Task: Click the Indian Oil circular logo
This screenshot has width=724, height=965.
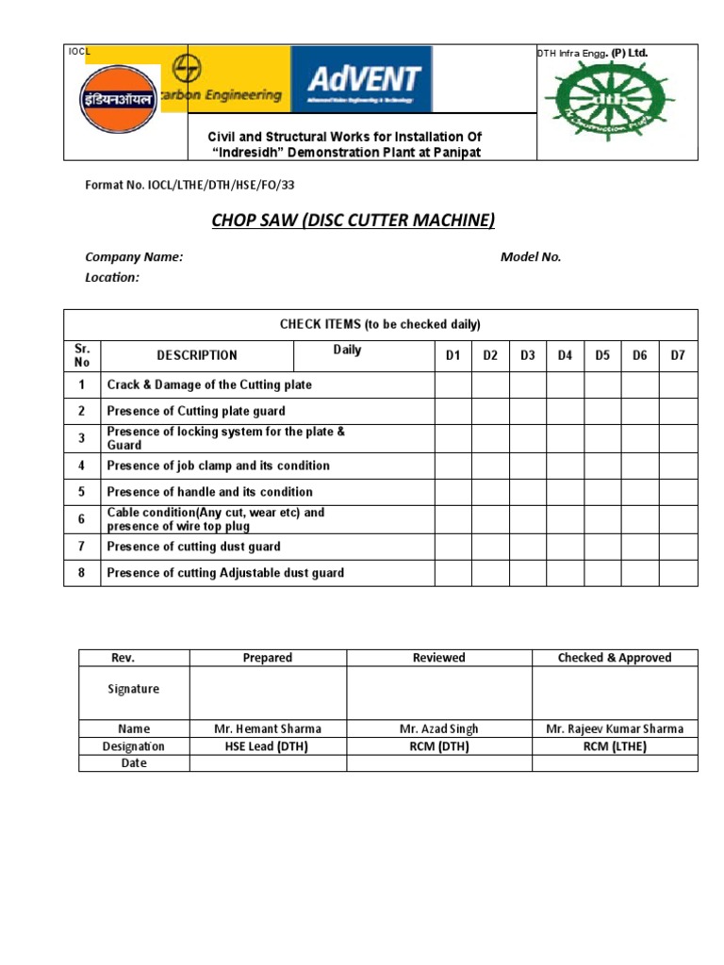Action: [118, 98]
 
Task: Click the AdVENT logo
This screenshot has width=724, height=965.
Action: [362, 79]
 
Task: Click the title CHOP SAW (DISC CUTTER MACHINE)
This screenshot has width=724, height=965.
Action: [352, 221]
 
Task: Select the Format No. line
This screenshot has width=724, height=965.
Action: [196, 186]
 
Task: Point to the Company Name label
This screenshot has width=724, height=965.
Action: [134, 256]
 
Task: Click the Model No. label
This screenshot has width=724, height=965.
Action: [530, 256]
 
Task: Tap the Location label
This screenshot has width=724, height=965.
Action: [112, 277]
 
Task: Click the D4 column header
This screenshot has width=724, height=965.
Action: [565, 355]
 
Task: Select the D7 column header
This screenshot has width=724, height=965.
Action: [678, 355]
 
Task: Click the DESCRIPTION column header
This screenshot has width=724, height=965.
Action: [196, 355]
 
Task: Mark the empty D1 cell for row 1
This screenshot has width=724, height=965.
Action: [452, 384]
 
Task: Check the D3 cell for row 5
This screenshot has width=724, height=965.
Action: [528, 492]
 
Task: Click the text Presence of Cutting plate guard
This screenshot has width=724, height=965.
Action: [196, 411]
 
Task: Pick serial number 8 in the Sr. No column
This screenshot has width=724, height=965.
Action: [82, 573]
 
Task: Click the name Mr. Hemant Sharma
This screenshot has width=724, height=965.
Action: [268, 728]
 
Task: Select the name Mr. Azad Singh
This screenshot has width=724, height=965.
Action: [438, 728]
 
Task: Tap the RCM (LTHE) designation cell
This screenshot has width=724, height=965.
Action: [615, 746]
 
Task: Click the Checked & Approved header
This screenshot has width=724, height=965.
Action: [615, 658]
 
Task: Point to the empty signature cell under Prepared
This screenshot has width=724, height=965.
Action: [268, 693]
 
